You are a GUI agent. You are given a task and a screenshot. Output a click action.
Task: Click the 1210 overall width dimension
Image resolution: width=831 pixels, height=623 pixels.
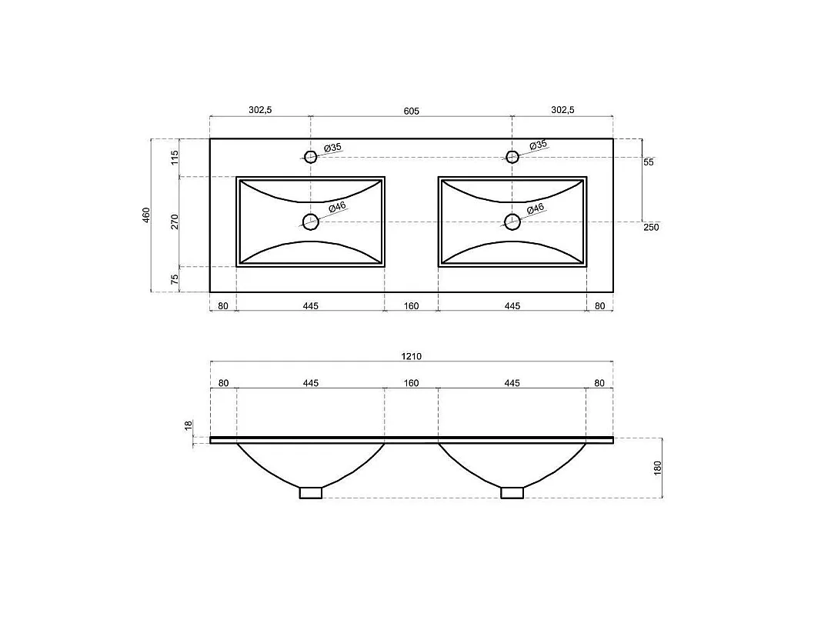[411, 357]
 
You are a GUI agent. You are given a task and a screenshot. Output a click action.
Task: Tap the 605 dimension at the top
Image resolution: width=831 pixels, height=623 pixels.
[411, 111]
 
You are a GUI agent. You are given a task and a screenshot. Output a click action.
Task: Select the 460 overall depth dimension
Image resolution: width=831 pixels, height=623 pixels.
[146, 215]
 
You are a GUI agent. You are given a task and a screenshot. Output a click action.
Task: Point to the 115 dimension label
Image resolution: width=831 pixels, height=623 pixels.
[175, 158]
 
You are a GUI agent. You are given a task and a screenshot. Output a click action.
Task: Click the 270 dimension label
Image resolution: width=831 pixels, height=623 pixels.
[175, 222]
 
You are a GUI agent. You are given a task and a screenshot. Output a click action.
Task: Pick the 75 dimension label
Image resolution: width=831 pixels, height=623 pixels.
[175, 279]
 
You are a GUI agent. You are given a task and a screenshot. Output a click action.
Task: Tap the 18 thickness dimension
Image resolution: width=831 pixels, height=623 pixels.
[189, 426]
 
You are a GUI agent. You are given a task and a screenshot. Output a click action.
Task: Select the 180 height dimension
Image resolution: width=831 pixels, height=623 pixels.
[658, 468]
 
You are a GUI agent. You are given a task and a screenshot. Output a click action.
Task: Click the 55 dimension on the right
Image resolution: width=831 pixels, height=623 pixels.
[649, 162]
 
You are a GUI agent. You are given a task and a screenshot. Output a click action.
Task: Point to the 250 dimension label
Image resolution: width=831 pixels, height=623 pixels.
[651, 227]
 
